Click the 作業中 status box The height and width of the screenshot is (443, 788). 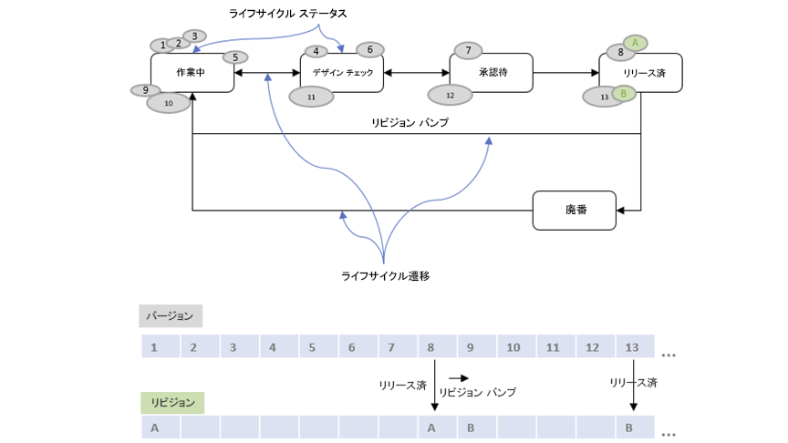tap(192, 73)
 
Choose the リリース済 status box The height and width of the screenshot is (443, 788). tap(641, 73)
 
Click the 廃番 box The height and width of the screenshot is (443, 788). tap(575, 210)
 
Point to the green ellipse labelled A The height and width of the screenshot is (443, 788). tap(636, 42)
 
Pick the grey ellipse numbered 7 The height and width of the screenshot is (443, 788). tap(468, 50)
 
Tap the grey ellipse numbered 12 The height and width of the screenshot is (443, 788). tap(450, 94)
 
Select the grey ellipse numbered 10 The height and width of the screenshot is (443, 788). tap(169, 103)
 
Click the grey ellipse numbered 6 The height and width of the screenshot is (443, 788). tap(370, 49)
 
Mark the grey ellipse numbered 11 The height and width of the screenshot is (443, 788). tap(311, 95)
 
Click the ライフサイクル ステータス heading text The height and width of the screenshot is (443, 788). tap(288, 15)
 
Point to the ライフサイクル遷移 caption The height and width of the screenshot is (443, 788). tap(385, 274)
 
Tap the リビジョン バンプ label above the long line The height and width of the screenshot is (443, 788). tap(410, 122)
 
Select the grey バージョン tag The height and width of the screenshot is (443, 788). tap(171, 315)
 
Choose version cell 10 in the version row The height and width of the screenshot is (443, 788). tap(513, 347)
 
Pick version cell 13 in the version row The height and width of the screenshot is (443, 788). tap(632, 347)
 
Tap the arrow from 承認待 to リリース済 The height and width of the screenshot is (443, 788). tap(565, 73)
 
